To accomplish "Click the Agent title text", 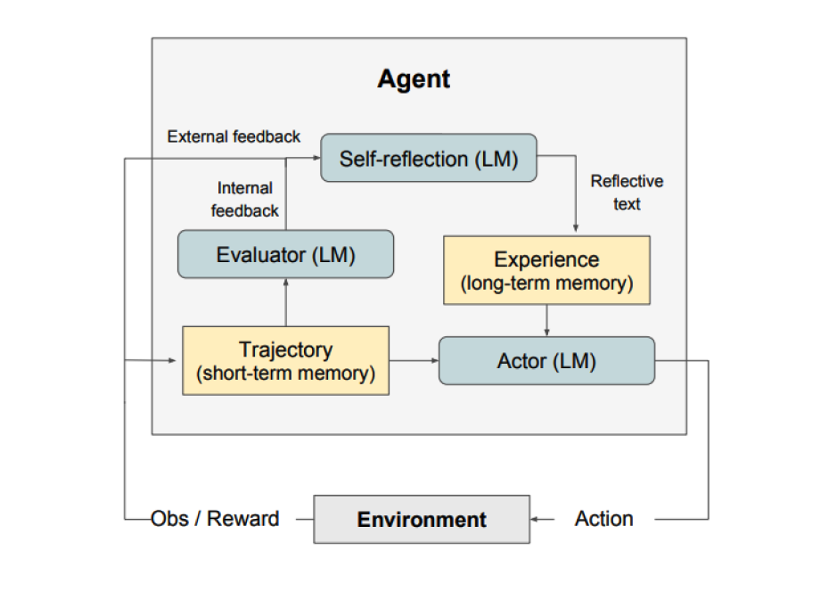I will tap(414, 78).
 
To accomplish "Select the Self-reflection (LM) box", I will tap(428, 159).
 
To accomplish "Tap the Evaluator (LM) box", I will tap(285, 254).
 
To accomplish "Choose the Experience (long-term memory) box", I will tap(546, 270).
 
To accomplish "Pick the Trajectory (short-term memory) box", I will tap(285, 361).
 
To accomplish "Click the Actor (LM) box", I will tap(546, 361).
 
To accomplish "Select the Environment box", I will tap(422, 519).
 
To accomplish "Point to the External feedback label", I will tap(234, 136).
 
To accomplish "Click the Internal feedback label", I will tap(245, 200).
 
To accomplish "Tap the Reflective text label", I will tap(627, 193).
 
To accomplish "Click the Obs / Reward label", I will tap(215, 519).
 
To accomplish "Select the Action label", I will tap(604, 519).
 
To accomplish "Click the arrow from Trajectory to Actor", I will tap(414, 361).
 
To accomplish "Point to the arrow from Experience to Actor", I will tap(546, 320).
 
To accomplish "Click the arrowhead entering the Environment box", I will tap(536, 519).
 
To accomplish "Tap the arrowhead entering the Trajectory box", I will tap(176, 361).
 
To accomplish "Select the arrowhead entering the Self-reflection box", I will tap(316, 159).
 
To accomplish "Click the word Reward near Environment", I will tap(244, 519).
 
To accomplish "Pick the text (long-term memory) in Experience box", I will tap(546, 284).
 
